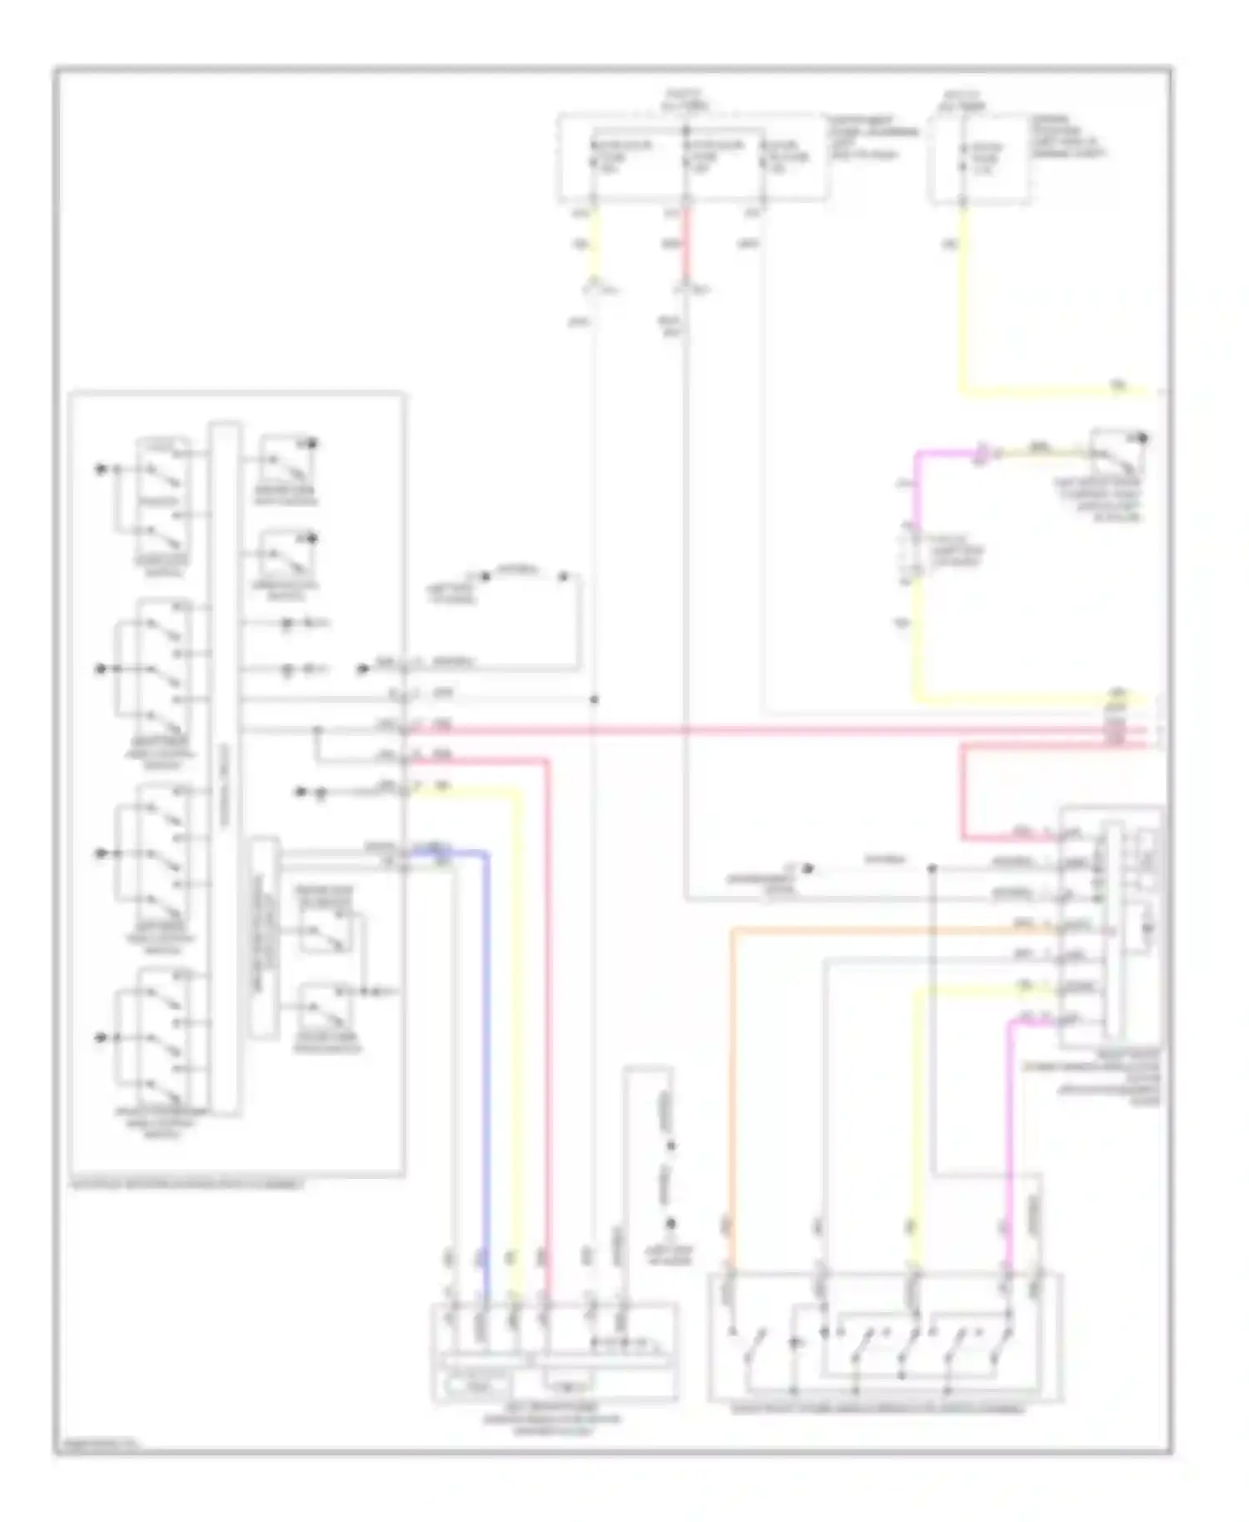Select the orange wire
(732, 1082)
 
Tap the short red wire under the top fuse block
(687, 246)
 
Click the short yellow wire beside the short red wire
(594, 246)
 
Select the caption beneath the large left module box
(187, 1184)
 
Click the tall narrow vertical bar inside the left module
(225, 766)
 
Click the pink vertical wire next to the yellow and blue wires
(547, 1041)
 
